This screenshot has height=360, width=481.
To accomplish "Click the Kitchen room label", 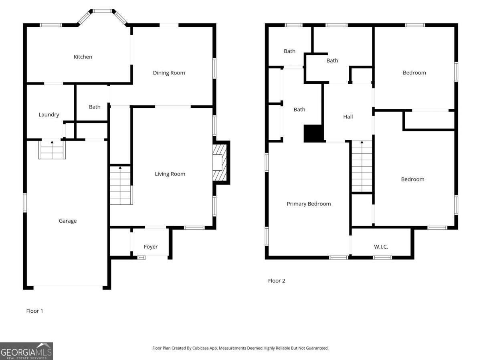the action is point(83,57).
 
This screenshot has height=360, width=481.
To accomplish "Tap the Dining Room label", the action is point(169,73).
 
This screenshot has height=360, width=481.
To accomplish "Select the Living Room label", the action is point(170,174).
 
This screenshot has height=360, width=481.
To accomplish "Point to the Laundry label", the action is point(49,115).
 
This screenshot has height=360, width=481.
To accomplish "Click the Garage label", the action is point(68,221).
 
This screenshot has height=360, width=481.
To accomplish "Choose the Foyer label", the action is point(151,247).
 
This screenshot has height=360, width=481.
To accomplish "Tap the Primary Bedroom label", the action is point(309,204).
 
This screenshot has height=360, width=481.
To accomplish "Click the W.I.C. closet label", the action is point(381,247).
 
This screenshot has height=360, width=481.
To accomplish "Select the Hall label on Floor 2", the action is point(348,117).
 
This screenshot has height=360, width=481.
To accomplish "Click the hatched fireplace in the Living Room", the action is point(220,163).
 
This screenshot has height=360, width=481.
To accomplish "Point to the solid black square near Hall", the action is point(313,133).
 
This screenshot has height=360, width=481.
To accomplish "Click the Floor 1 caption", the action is point(34,311).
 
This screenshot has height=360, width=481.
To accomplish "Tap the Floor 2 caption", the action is point(277,281).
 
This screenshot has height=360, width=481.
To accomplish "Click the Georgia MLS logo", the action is point(26,351).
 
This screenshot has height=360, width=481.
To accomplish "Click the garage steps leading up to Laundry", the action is point(52,150).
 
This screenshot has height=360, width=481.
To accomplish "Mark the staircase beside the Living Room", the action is point(121,185).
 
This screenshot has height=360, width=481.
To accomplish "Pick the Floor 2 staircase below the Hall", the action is point(362,166).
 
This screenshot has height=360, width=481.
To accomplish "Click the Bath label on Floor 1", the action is point(95,107).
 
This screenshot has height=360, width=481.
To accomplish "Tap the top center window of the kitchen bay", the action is point(102,11).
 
